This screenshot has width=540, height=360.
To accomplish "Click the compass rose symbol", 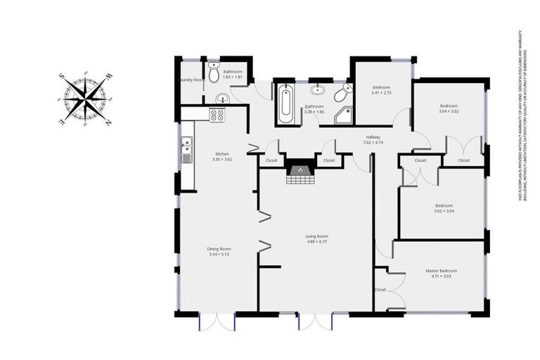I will tap(85, 99).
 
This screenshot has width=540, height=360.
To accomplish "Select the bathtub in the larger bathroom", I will tap(285, 105).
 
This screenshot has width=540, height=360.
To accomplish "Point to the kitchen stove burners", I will tap(217, 115).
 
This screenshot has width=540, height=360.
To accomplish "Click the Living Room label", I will tap(316, 236).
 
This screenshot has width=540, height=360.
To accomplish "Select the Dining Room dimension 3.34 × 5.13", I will tap(219, 255).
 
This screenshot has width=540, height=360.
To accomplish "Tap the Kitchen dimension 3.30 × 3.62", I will tap(222, 160).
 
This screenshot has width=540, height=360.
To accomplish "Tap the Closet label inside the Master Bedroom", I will tap(380, 290).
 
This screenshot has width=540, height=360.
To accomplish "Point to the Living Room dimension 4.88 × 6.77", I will tap(316, 242).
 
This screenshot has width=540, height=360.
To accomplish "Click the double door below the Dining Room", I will tap(217, 321).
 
